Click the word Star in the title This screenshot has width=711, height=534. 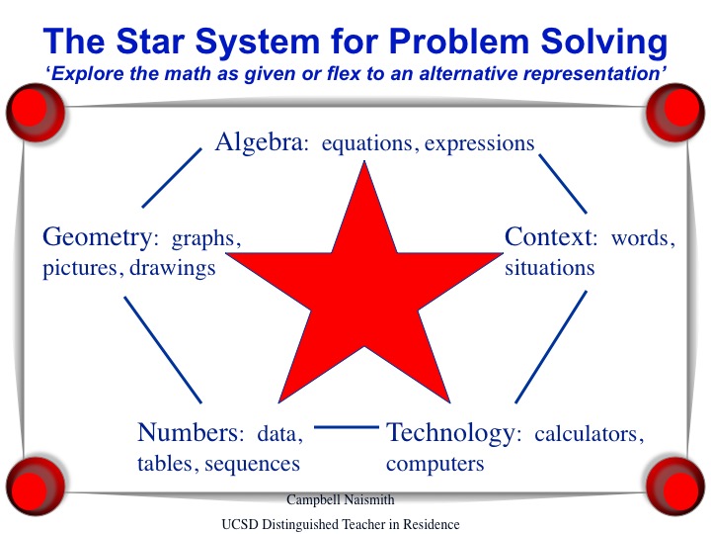click(x=150, y=41)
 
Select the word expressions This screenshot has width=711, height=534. click(x=479, y=144)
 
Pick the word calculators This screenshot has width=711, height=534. click(x=589, y=434)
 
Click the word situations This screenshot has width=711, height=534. click(x=550, y=267)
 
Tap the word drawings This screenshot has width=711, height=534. click(x=172, y=269)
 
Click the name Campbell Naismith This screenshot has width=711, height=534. click(x=341, y=500)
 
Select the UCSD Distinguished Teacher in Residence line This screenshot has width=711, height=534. click(x=341, y=524)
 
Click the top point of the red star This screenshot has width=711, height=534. click(x=364, y=161)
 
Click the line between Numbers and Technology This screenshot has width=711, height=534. click(x=347, y=427)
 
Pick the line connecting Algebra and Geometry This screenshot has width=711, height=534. click(x=172, y=178)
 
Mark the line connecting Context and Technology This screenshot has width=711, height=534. click(x=551, y=347)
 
